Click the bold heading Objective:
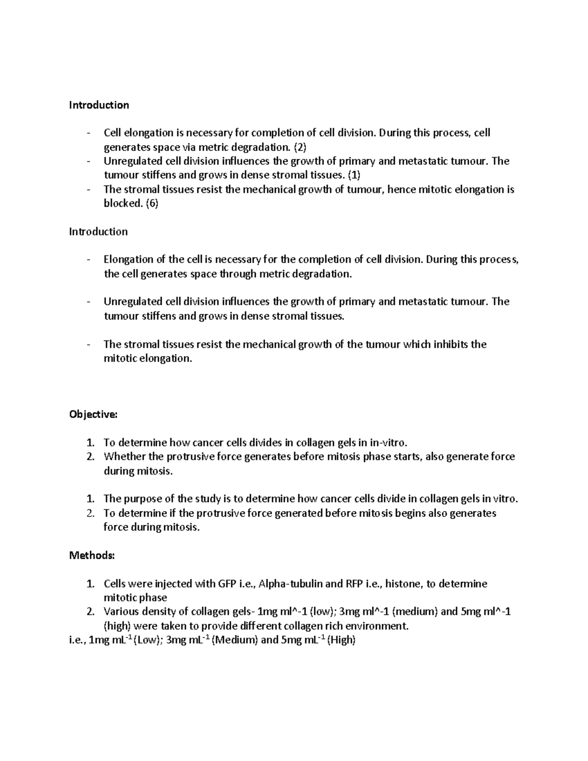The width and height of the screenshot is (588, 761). [x=93, y=415]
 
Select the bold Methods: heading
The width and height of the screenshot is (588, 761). [x=92, y=555]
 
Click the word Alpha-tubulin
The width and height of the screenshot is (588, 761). [x=290, y=584]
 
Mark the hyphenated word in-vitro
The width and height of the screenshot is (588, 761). [x=388, y=443]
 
